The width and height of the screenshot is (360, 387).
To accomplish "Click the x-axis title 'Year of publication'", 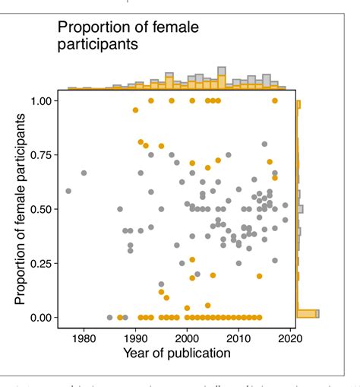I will [x=176, y=353].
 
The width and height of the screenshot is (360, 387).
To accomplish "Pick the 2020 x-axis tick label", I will [x=290, y=338].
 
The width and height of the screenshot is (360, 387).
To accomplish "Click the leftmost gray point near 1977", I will [x=68, y=191].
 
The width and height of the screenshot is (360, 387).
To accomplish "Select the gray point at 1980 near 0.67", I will [x=84, y=173].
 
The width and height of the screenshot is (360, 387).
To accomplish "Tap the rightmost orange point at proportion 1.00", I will [x=275, y=100].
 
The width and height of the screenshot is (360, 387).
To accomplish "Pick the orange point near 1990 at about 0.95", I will [x=135, y=110].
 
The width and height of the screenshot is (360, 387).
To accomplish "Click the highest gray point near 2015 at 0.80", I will [x=264, y=144].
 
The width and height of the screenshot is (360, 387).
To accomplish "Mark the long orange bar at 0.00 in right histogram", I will [x=306, y=313].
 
